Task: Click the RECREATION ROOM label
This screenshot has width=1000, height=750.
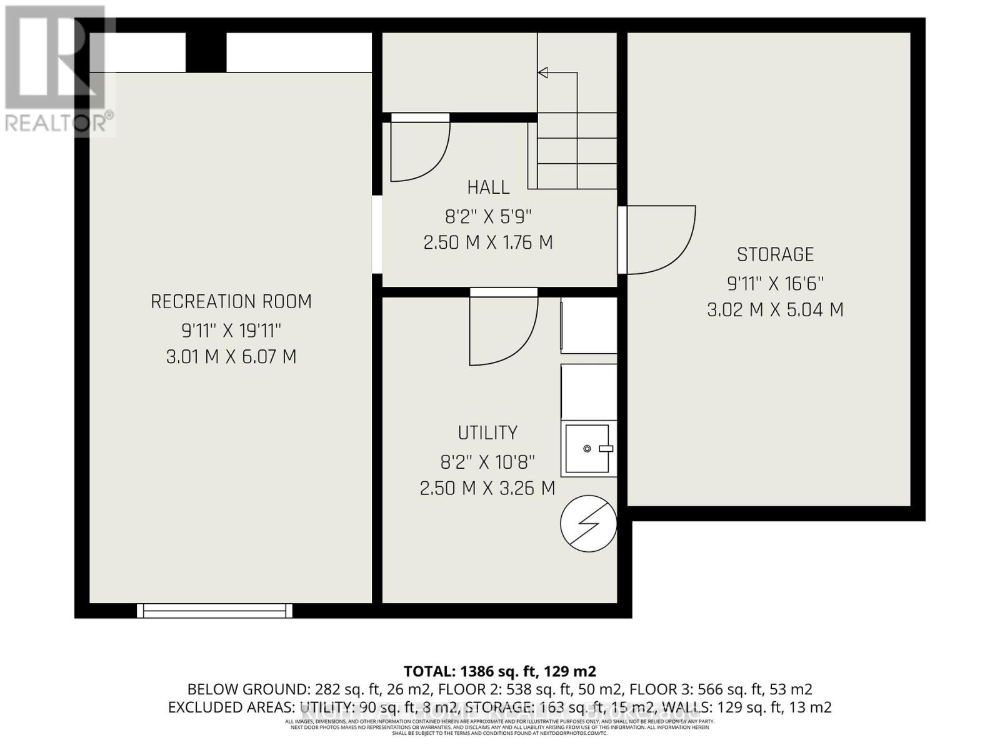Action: pyautogui.click(x=231, y=301)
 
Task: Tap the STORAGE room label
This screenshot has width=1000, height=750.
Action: pyautogui.click(x=775, y=254)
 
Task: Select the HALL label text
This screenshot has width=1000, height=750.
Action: pyautogui.click(x=488, y=187)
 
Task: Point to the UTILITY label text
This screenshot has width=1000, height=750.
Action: pyautogui.click(x=487, y=432)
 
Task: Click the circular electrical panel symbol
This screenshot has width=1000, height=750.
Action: pyautogui.click(x=588, y=524)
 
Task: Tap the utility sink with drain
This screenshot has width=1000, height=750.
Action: pyautogui.click(x=587, y=449)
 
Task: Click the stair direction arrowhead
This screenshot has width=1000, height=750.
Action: pyautogui.click(x=543, y=73)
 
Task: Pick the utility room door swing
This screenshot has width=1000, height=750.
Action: pyautogui.click(x=503, y=331)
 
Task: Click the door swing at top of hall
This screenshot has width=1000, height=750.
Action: pyautogui.click(x=419, y=150)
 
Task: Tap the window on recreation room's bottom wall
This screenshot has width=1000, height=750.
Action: pyautogui.click(x=214, y=610)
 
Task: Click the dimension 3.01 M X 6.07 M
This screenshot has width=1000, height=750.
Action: pyautogui.click(x=231, y=357)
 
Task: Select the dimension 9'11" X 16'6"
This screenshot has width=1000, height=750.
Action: pyautogui.click(x=775, y=284)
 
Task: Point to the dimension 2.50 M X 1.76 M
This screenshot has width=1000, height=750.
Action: pyautogui.click(x=488, y=242)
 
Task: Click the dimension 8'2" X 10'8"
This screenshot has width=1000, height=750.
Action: pyautogui.click(x=487, y=462)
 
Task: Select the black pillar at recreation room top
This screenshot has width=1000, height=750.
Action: pyautogui.click(x=206, y=52)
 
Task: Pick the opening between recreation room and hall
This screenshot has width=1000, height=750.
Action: pyautogui.click(x=377, y=234)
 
